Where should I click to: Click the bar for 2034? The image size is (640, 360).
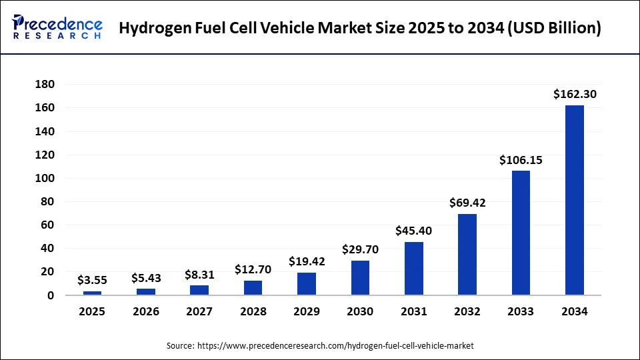coord(574,200)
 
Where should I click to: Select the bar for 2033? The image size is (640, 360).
coord(521,233)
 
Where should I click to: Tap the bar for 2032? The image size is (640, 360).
coord(467,254)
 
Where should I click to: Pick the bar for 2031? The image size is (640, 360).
coord(413,268)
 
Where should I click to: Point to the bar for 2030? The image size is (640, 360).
coord(360,277)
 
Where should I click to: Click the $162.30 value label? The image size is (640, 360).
coord(575,95)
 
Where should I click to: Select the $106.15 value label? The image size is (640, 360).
coord(521,160)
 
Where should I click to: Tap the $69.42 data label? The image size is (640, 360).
coord(467,203)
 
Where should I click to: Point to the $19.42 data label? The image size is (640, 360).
coord(307,261)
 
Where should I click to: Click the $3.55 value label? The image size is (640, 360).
coord(93,280)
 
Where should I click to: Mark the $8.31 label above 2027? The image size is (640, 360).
coord(199,274)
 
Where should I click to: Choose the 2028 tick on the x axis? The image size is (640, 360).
coord(253,311)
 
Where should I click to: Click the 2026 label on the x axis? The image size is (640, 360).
coord(146,311)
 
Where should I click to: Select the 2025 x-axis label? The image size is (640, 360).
coord(93,311)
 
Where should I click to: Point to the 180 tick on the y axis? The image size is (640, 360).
coord(46,84)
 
